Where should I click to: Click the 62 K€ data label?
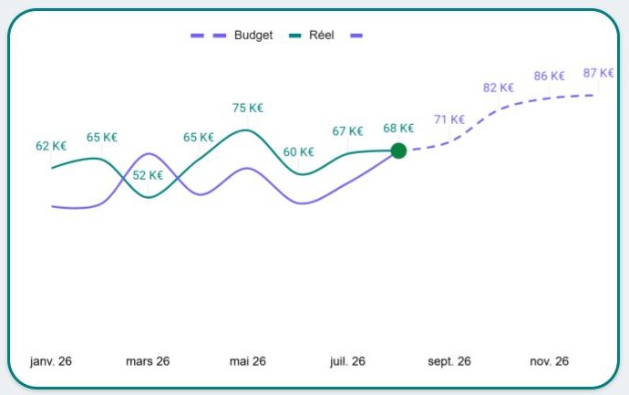point(51,146)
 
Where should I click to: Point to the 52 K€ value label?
point(148,176)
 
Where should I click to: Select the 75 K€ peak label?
point(247,108)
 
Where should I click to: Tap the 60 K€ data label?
point(298,152)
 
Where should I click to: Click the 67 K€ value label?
point(347,131)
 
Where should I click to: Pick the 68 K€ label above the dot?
point(398,129)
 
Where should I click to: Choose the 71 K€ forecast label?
point(449,120)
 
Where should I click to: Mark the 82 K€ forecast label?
point(499,88)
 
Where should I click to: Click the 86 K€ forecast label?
point(550,77)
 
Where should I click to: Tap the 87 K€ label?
point(598,73)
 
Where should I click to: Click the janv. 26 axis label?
point(51,361)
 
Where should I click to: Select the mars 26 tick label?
point(148,361)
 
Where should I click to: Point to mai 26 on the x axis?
point(247,361)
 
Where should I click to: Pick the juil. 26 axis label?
point(347,361)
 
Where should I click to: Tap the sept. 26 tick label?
point(449,361)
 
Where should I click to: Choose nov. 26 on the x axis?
point(550,361)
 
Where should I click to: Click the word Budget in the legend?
point(253,36)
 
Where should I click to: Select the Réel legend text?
point(322,36)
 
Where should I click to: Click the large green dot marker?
point(398,151)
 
